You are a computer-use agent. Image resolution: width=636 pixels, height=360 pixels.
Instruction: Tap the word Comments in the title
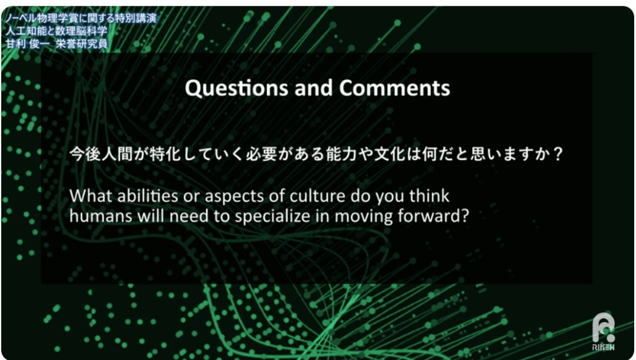[394, 88]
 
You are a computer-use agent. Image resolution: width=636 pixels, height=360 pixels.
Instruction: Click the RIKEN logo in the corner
[603, 331]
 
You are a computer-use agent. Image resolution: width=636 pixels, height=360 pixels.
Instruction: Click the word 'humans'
[101, 216]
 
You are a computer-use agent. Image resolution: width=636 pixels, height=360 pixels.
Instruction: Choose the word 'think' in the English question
[429, 196]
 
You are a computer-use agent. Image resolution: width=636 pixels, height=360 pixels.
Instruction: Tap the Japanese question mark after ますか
[558, 154]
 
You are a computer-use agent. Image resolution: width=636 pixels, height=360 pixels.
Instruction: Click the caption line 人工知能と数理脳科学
[57, 31]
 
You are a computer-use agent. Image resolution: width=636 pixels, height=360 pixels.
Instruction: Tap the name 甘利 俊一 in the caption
[28, 43]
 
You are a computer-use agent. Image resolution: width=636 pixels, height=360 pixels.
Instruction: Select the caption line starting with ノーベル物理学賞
[81, 18]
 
